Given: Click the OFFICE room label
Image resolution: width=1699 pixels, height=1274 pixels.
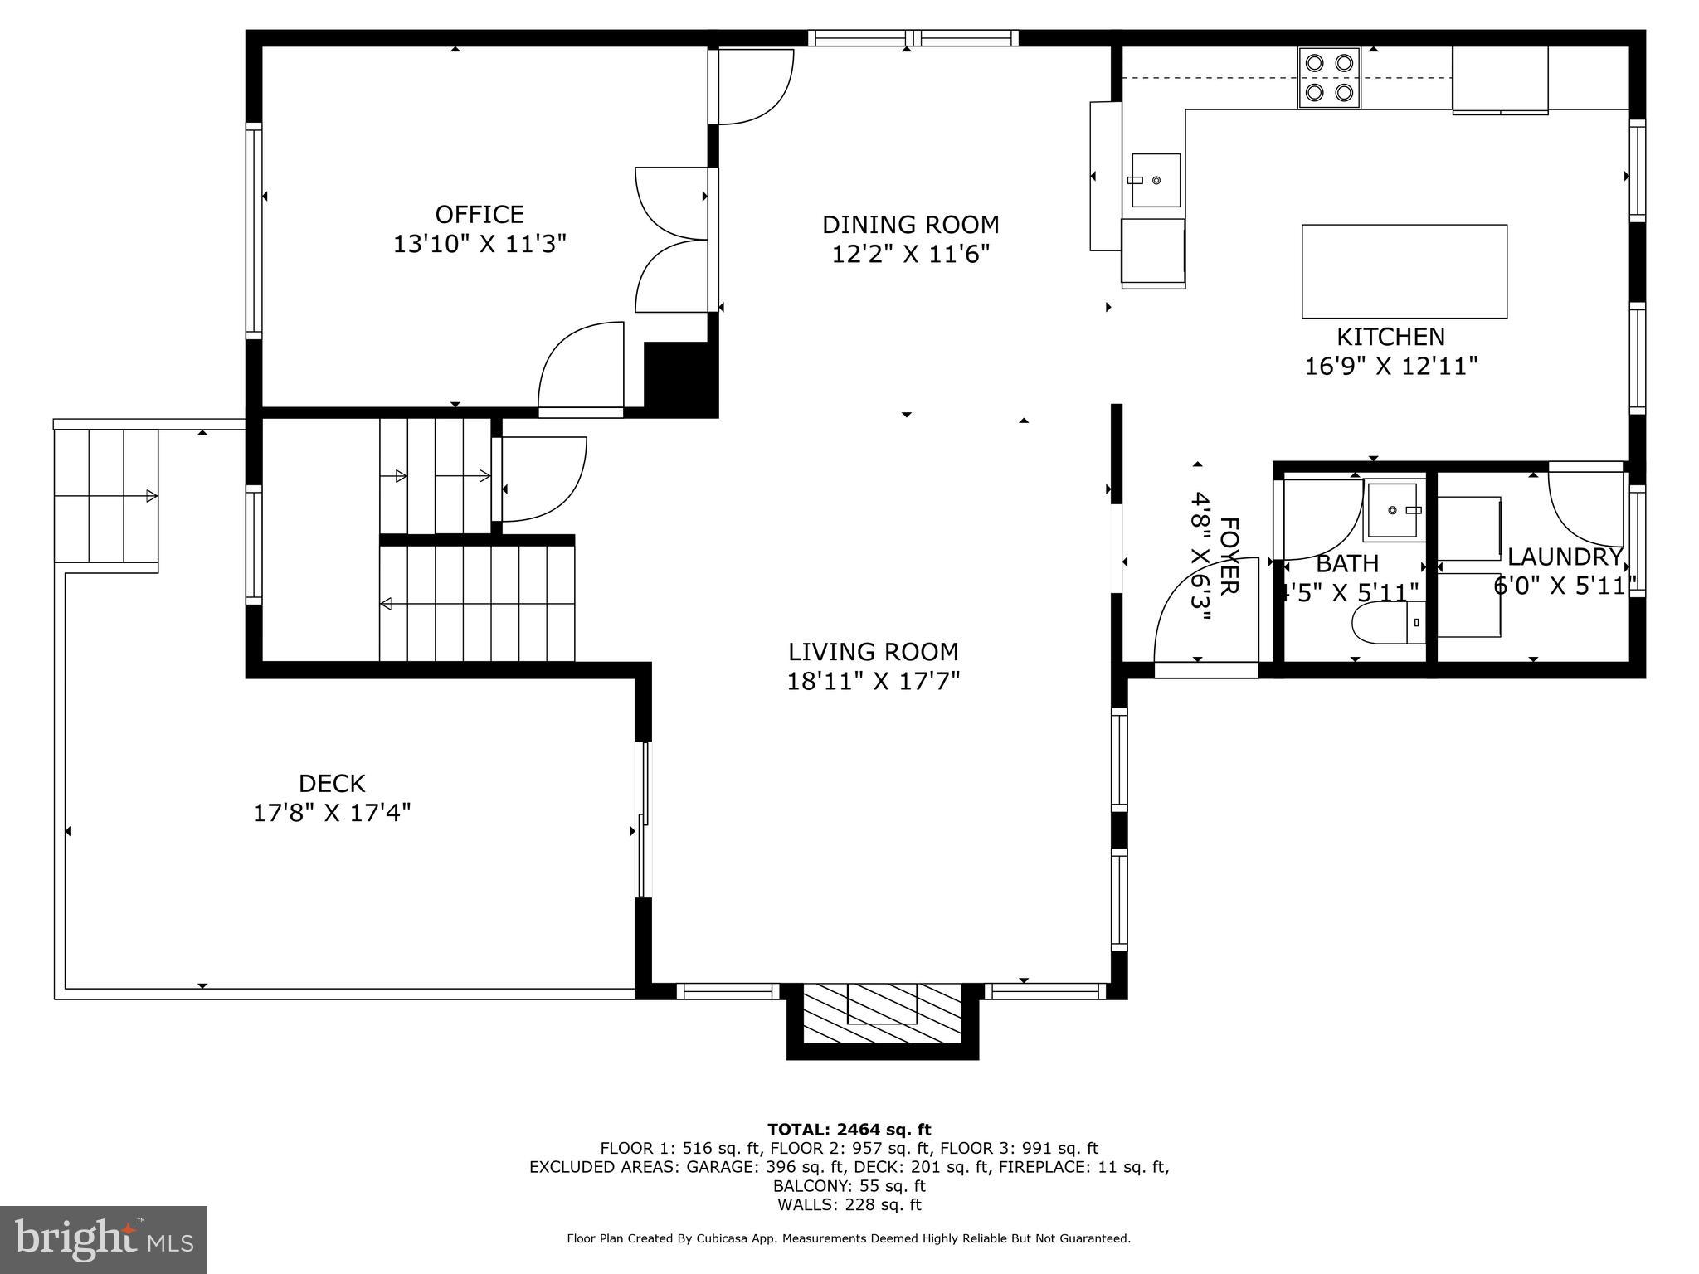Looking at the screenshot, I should (x=480, y=215).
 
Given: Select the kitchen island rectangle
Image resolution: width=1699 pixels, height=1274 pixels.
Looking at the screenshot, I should (x=1404, y=271).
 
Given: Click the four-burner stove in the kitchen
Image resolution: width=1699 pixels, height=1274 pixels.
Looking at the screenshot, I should (x=1329, y=77).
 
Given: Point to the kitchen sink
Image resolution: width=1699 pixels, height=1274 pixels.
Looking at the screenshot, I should (x=1156, y=180).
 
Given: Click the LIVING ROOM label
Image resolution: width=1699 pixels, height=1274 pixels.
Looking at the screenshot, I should (x=873, y=652).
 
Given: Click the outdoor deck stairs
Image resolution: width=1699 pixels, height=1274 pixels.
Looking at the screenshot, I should (x=105, y=496).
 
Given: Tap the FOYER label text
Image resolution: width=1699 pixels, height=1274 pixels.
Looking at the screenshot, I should (x=1229, y=556).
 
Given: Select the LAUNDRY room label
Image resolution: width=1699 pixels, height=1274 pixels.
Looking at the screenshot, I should (x=1564, y=557).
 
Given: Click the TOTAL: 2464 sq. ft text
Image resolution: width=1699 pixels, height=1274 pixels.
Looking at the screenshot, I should (x=849, y=1130).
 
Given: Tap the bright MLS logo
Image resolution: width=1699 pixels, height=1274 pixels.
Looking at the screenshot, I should (x=104, y=1239).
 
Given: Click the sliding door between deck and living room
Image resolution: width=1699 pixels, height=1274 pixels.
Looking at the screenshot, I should (x=643, y=819).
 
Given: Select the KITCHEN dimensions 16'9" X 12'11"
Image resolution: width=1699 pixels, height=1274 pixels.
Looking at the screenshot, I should (x=1390, y=366).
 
